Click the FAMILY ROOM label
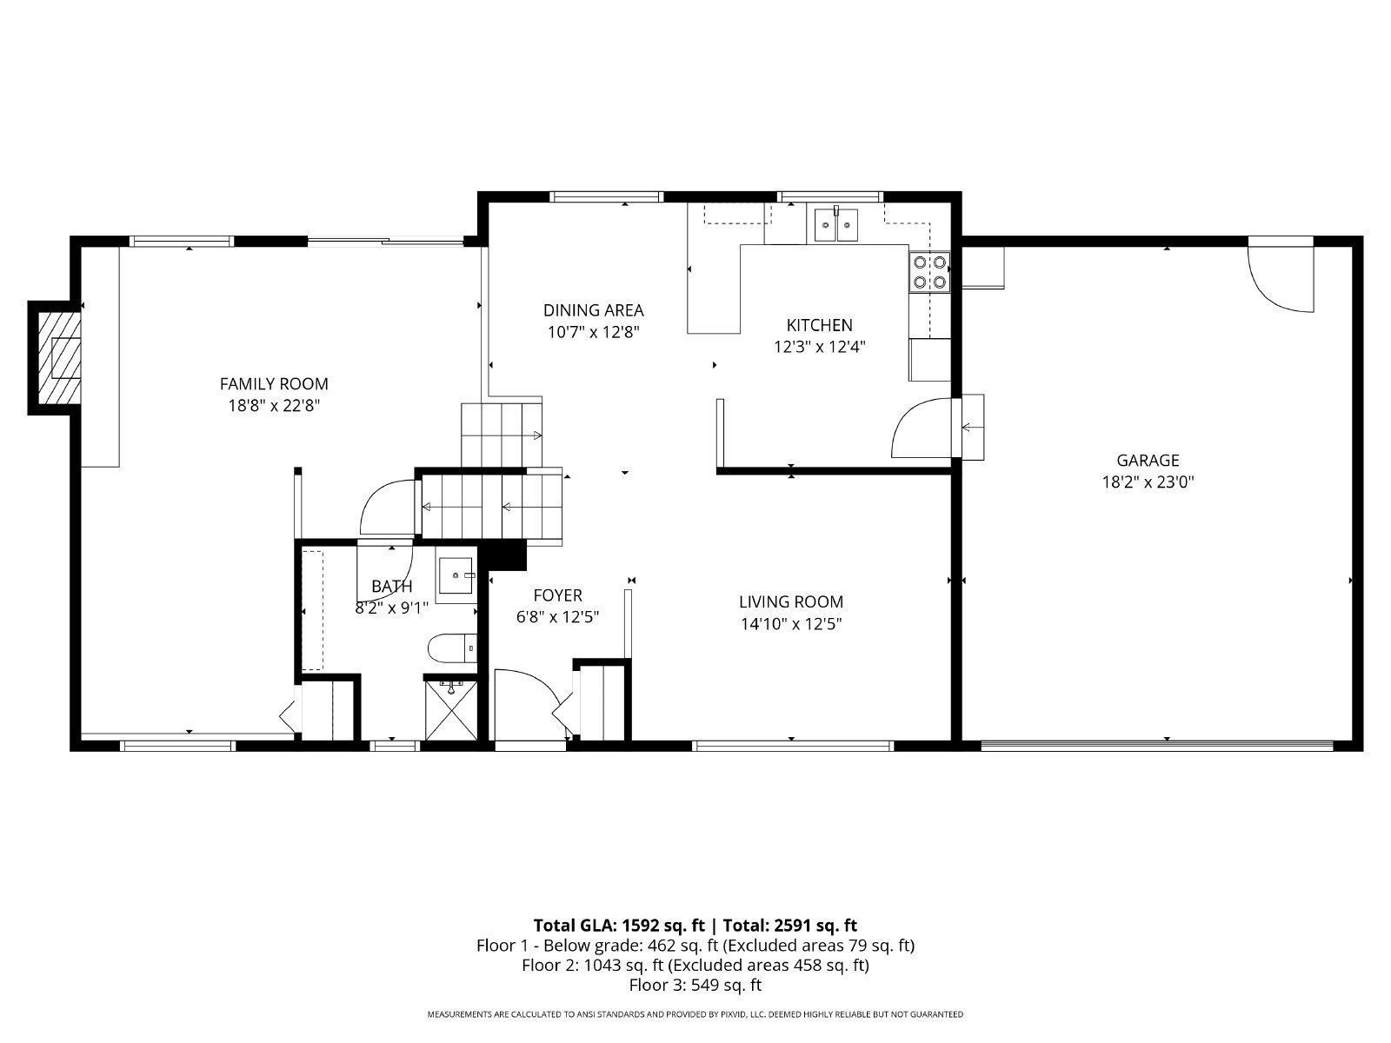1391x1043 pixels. pyautogui.click(x=274, y=384)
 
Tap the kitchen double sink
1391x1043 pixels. pyautogui.click(x=835, y=224)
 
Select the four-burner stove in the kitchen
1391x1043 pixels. pyautogui.click(x=929, y=272)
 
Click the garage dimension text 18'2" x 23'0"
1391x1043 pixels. pyautogui.click(x=1148, y=482)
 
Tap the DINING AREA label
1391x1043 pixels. pyautogui.click(x=593, y=310)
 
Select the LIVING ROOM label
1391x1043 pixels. pyautogui.click(x=791, y=601)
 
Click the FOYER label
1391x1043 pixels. pyautogui.click(x=557, y=595)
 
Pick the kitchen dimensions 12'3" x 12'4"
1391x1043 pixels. pyautogui.click(x=820, y=347)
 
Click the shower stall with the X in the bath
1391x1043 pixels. pyautogui.click(x=450, y=708)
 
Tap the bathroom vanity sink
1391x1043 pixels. pyautogui.click(x=456, y=575)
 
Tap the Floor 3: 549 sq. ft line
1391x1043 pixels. pyautogui.click(x=695, y=985)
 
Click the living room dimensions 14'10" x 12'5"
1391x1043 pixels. pyautogui.click(x=791, y=624)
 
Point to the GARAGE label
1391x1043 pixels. pyautogui.click(x=1148, y=461)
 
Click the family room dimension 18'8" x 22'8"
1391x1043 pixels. pyautogui.click(x=274, y=405)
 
